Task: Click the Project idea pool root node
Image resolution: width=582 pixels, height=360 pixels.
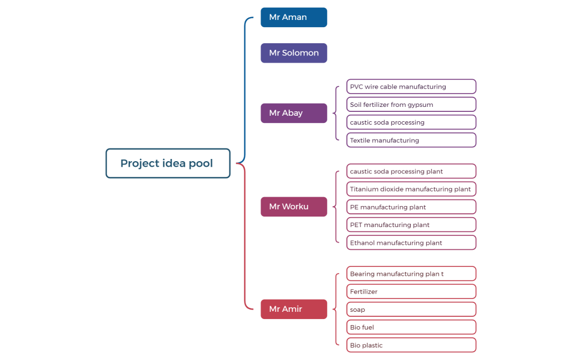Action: tap(167, 163)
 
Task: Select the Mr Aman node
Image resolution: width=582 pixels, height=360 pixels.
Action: tap(294, 17)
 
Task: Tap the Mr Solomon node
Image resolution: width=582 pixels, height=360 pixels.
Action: tap(294, 53)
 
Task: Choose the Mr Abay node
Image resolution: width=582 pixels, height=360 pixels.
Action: tap(294, 113)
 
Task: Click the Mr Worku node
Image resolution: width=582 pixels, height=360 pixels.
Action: tap(294, 207)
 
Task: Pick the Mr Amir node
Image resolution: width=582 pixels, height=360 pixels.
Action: tap(294, 309)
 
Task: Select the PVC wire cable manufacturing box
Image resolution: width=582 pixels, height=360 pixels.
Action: tap(411, 86)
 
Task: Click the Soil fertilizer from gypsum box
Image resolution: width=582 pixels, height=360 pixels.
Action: tap(411, 105)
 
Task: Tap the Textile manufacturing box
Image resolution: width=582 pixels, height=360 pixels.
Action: tap(411, 140)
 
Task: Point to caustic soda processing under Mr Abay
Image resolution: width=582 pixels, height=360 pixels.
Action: tap(411, 122)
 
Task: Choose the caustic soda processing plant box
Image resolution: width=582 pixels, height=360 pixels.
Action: tap(411, 171)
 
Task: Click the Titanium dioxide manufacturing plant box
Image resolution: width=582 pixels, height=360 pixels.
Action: tap(411, 189)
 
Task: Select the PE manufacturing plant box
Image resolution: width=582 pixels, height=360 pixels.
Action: tap(411, 207)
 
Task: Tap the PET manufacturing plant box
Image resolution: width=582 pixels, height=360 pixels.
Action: tap(411, 225)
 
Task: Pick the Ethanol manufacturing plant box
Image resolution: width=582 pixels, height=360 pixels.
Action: tap(411, 243)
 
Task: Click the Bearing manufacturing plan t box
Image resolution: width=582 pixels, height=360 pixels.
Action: tap(411, 274)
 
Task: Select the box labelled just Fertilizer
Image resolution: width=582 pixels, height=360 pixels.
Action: tap(411, 291)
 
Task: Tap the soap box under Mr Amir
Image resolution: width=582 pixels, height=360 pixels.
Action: tap(411, 310)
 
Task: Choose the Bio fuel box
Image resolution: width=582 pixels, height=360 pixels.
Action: tap(411, 327)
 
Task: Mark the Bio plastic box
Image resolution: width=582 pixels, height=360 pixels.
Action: tap(411, 345)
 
